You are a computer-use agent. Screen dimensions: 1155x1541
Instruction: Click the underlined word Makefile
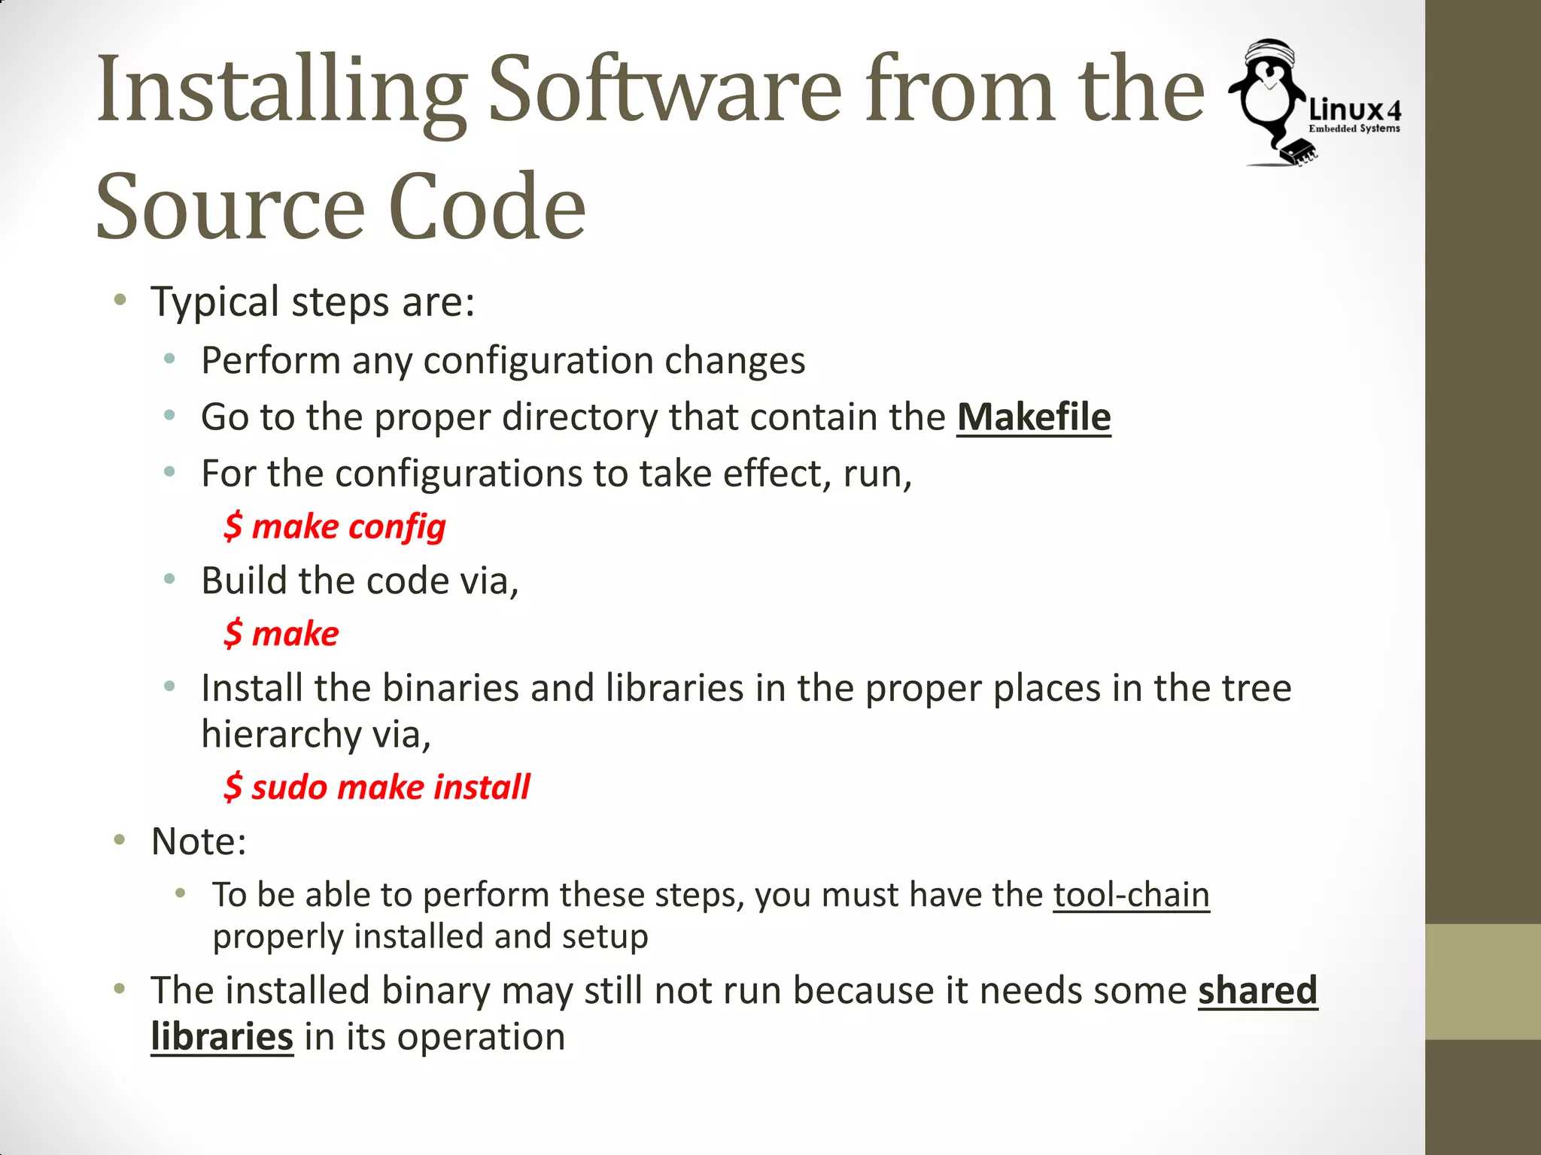pos(1033,417)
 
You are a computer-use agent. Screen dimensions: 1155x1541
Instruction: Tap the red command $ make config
pos(335,526)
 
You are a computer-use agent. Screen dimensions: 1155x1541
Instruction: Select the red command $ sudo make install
pos(377,787)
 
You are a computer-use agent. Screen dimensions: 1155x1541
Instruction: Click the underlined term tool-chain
pos(1131,895)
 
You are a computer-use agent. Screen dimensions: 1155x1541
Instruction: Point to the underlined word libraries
pos(222,1037)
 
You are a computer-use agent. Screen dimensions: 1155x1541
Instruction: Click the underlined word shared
pos(1257,990)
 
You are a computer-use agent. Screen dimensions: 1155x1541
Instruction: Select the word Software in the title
pos(665,90)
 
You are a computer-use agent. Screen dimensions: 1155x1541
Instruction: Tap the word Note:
pos(199,841)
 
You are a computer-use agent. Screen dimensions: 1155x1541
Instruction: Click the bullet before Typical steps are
pos(120,302)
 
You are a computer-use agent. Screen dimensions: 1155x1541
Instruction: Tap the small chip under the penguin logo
pos(1300,151)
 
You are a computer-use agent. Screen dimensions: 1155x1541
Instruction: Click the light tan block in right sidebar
pos(1482,981)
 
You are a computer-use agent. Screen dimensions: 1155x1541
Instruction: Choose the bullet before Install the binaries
pos(170,686)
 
